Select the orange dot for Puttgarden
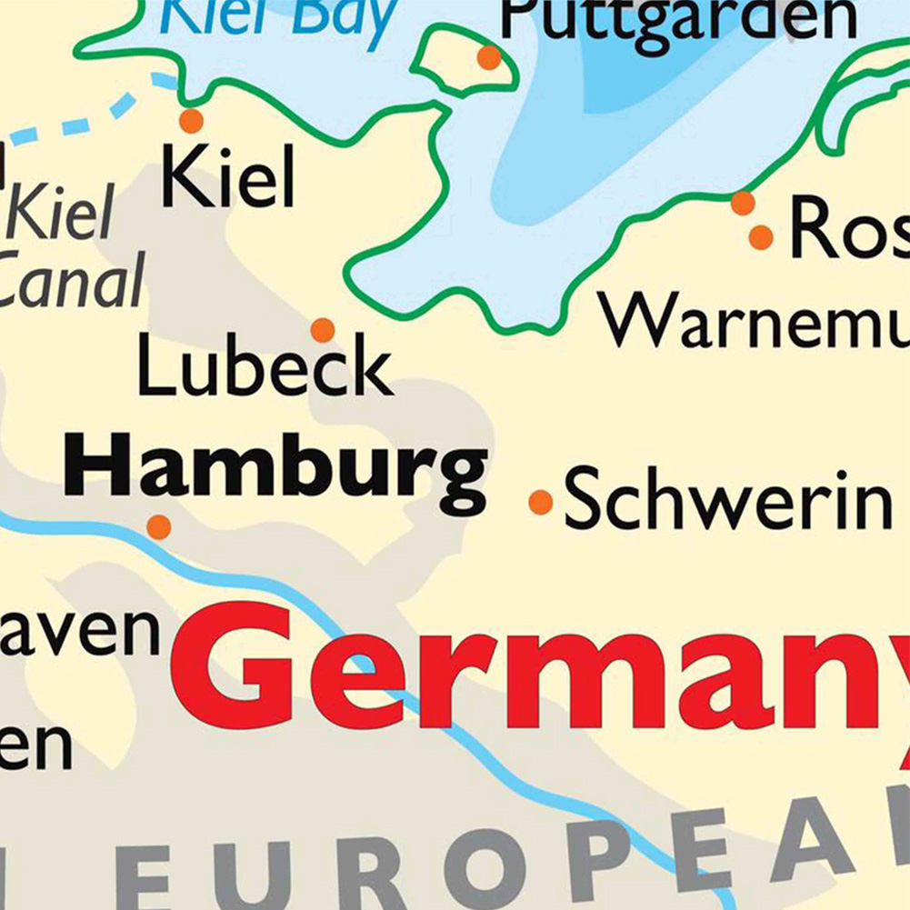coord(489,58)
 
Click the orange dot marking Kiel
coord(191,121)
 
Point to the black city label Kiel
coord(227,178)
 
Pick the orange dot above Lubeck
coord(323,330)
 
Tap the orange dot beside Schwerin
coord(541,502)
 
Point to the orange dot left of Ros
coord(761,238)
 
